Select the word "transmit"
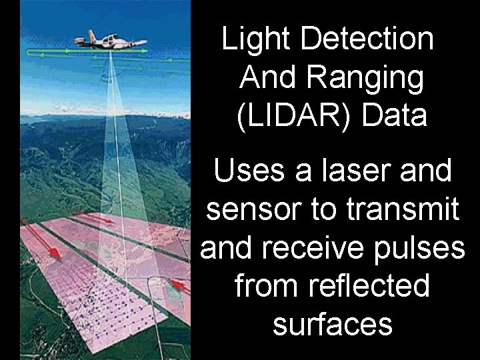coord(403,209)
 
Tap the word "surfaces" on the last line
coord(332,325)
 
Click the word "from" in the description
coord(262,286)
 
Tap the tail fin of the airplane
coord(89,35)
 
